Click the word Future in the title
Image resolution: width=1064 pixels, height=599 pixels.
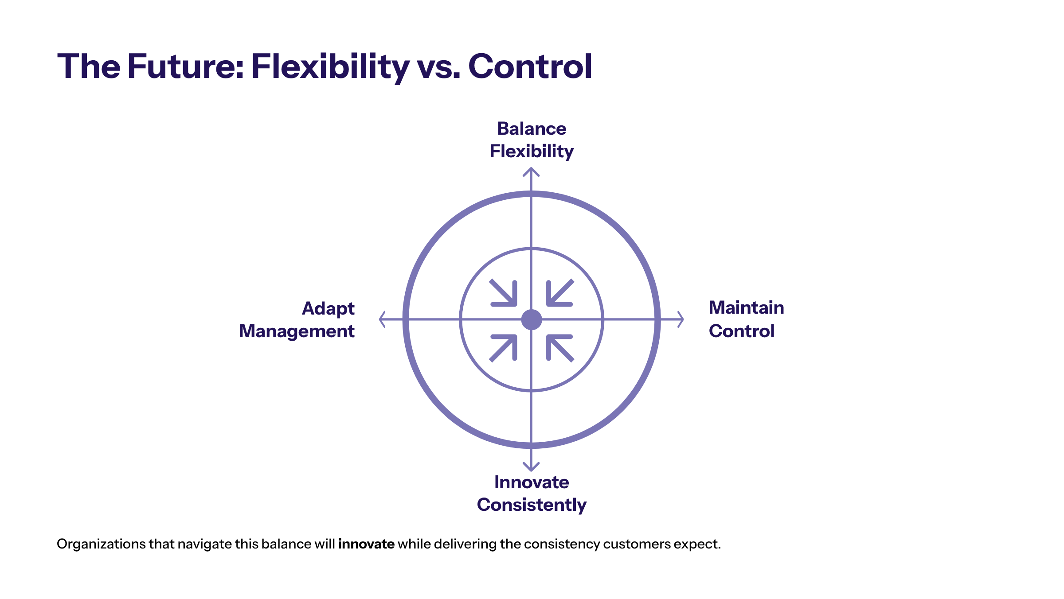pos(185,66)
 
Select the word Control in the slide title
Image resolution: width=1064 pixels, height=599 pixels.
pos(530,66)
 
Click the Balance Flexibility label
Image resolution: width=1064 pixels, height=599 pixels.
pos(531,140)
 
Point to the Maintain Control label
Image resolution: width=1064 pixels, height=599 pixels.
pos(746,319)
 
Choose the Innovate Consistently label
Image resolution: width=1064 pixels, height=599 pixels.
pos(531,493)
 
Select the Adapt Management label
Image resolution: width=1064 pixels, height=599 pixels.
pos(297,319)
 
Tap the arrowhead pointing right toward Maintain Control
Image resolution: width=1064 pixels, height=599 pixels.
pos(680,319)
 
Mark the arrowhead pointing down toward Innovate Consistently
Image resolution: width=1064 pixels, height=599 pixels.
pos(531,467)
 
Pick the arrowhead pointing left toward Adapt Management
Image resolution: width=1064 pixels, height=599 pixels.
pos(383,319)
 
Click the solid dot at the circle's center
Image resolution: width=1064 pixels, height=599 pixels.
pos(531,319)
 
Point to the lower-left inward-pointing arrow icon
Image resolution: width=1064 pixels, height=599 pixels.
pos(504,347)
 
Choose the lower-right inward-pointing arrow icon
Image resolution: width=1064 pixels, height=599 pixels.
pos(559,347)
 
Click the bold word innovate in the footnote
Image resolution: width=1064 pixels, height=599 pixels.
pos(366,544)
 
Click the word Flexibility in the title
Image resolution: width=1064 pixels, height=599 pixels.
pos(330,66)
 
